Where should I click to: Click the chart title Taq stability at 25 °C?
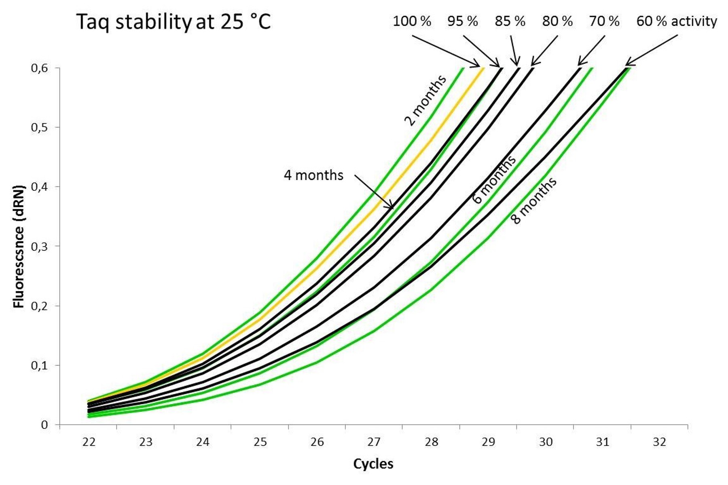174,22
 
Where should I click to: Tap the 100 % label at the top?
412,21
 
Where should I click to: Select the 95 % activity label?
462,21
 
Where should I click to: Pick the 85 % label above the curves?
510,21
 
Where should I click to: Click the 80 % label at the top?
557,21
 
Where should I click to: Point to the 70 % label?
604,21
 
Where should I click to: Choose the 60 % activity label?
676,21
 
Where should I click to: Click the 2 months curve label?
425,100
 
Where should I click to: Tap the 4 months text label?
313,175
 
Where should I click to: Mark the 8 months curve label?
534,200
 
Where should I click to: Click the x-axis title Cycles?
373,464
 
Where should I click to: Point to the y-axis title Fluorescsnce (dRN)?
19,247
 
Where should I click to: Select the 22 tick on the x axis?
89,442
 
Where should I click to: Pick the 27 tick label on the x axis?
374,442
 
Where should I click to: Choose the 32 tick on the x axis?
659,442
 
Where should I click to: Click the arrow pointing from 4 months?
374,192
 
